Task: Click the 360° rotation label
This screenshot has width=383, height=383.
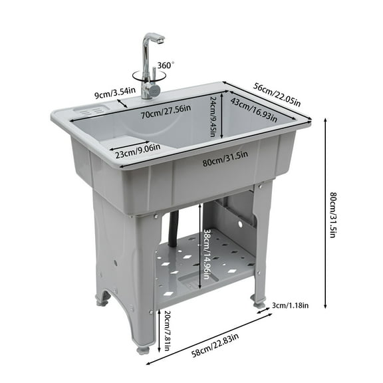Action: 165,65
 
